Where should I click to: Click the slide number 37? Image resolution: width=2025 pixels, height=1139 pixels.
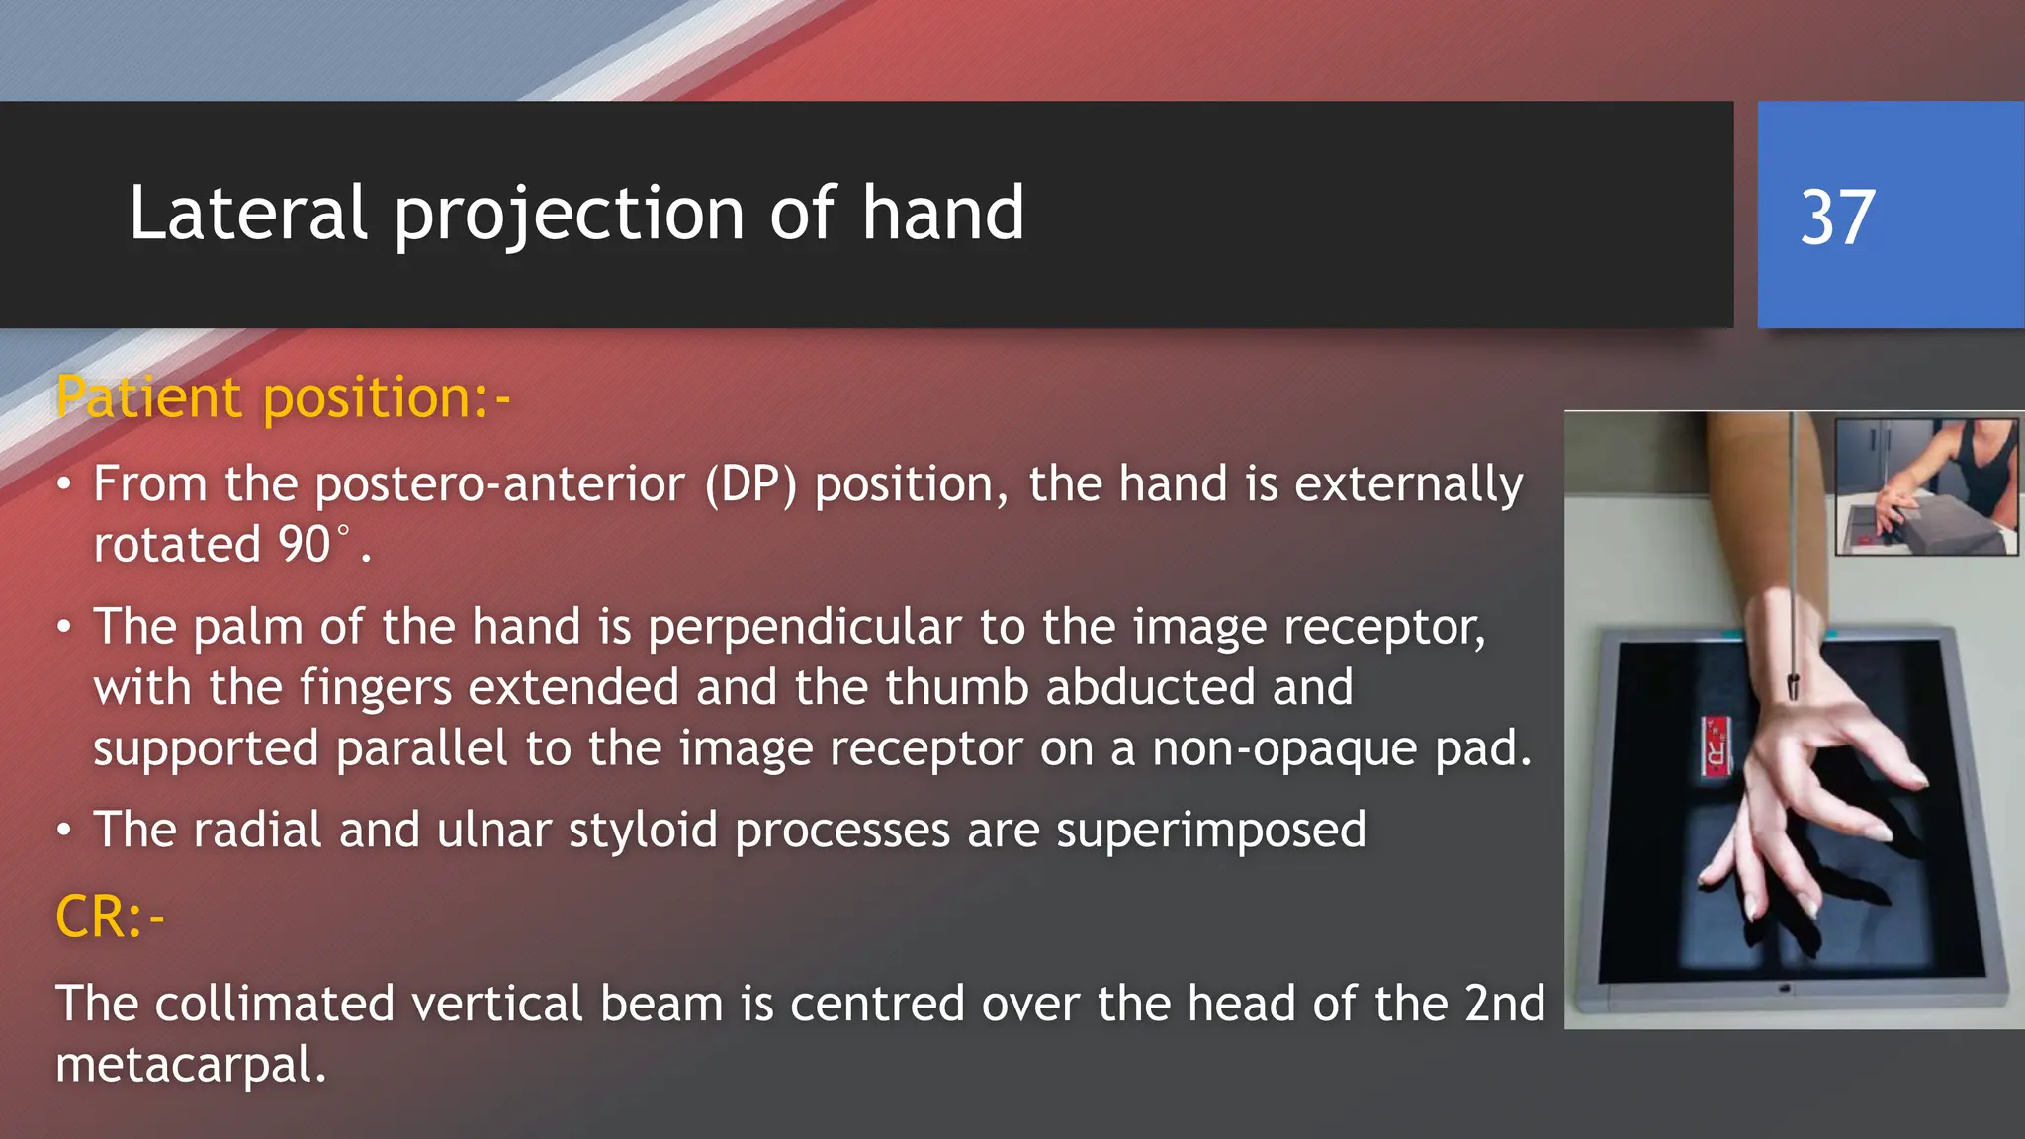coord(1837,218)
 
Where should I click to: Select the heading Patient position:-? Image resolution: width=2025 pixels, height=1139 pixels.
coord(283,397)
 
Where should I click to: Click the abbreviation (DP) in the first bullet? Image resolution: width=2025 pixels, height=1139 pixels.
coord(750,484)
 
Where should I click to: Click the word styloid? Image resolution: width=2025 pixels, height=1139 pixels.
coord(643,830)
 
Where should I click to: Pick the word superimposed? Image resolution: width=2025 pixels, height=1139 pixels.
coord(1210,830)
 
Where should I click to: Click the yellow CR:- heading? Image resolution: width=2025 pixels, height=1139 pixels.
coord(110,918)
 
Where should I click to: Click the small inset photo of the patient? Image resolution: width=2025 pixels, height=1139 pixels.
coord(1925,486)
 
